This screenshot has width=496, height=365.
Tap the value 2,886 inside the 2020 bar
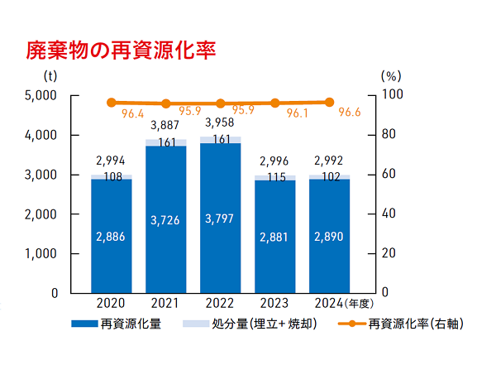[112, 236]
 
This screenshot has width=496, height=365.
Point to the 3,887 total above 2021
[165, 126]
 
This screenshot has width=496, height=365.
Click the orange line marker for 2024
[329, 102]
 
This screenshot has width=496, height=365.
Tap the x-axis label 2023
[274, 303]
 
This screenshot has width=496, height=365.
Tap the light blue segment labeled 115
[274, 177]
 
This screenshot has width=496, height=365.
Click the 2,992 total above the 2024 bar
[329, 161]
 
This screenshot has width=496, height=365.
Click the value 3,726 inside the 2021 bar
[165, 221]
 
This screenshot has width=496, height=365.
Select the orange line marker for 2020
[112, 103]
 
